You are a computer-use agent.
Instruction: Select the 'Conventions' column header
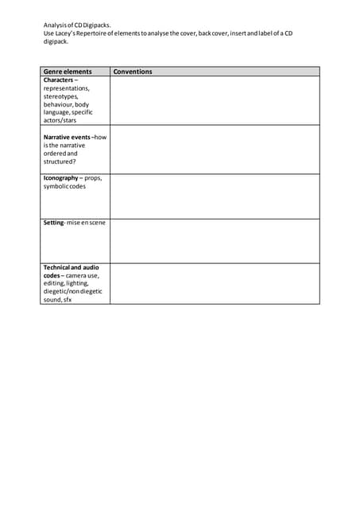pyautogui.click(x=133, y=72)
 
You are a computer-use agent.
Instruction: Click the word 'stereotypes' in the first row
pyautogui.click(x=61, y=96)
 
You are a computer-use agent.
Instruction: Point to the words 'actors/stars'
pyautogui.click(x=60, y=120)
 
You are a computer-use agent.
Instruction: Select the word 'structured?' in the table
pyautogui.click(x=60, y=161)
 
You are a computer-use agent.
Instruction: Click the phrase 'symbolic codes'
pyautogui.click(x=64, y=186)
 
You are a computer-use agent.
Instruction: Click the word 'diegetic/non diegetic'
pyautogui.click(x=72, y=291)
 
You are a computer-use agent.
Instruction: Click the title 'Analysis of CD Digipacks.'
pyautogui.click(x=77, y=25)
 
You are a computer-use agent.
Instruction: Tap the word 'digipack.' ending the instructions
pyautogui.click(x=56, y=41)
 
